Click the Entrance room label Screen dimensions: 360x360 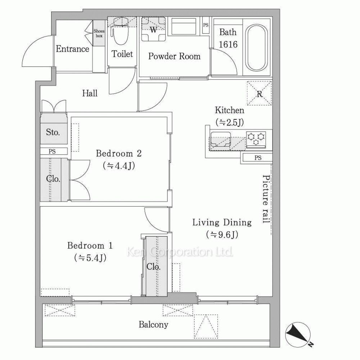click(x=72, y=49)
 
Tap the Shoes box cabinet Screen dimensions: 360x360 click(x=99, y=33)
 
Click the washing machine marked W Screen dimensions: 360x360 click(x=153, y=29)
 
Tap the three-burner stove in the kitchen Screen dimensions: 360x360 click(x=256, y=139)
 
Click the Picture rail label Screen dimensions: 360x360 click(x=266, y=199)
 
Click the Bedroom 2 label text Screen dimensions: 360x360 click(x=119, y=153)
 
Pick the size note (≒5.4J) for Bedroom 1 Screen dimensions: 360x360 click(x=90, y=258)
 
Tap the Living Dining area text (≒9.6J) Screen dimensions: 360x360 click(x=222, y=234)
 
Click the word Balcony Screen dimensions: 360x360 click(x=153, y=325)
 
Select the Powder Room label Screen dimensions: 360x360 click(x=174, y=56)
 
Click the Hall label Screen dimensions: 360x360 click(x=90, y=93)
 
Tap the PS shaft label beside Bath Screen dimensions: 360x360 click(x=206, y=25)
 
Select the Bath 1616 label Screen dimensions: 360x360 click(x=228, y=38)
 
